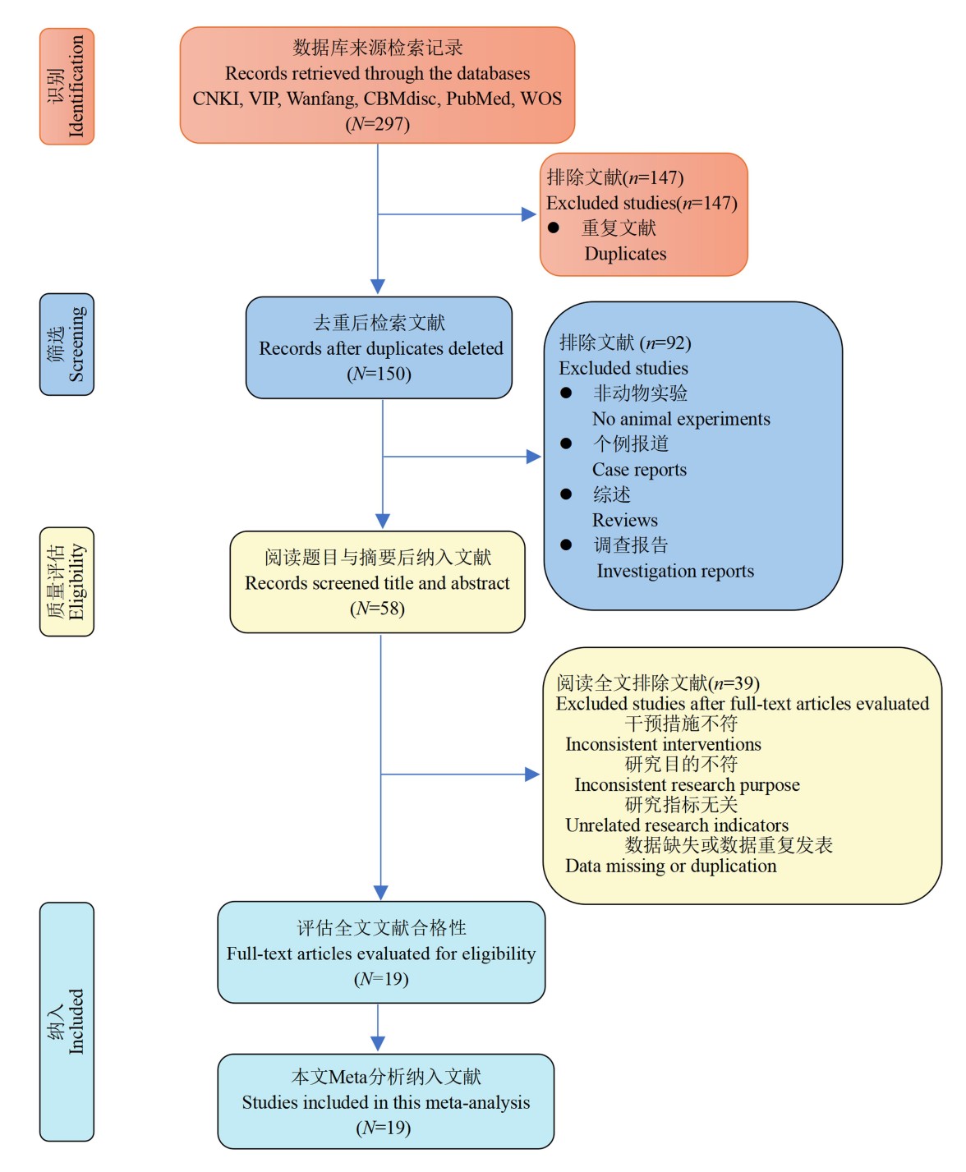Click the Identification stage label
67,86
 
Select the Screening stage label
67,344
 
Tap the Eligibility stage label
67,581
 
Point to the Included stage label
67,1021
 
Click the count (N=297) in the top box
377,124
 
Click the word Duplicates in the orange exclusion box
625,254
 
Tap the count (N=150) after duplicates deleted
379,374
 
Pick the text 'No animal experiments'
681,419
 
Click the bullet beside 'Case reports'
566,444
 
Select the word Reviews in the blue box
624,520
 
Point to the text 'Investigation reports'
674,571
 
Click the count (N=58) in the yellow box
377,609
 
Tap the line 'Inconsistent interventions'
663,744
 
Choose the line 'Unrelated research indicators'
677,825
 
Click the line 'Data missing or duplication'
670,866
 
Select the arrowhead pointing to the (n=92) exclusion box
534,457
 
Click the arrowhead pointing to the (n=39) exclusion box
532,774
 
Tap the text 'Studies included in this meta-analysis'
385,1102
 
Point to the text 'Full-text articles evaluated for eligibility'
381,954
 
